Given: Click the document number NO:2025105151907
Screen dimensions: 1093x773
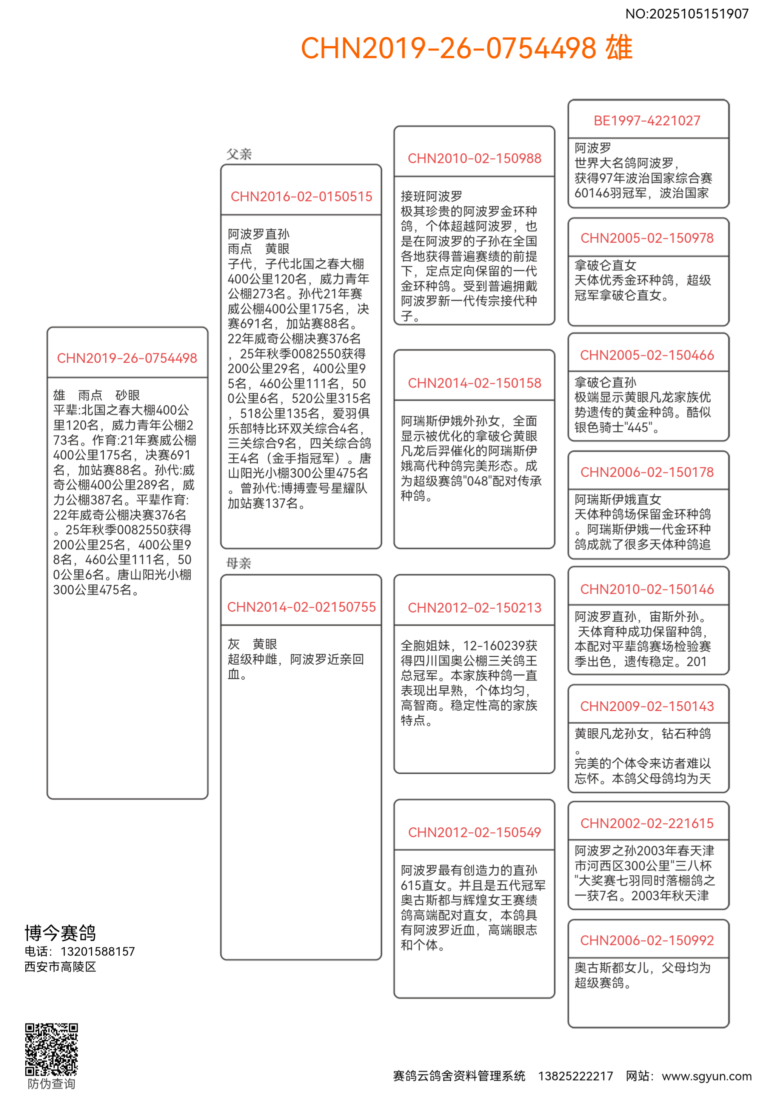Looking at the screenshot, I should pos(686,14).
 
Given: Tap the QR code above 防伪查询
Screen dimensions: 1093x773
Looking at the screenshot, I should pos(51,1049).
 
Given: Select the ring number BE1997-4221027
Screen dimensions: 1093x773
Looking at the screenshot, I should pos(647,121).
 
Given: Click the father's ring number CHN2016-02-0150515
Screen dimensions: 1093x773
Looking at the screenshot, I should pos(301,197).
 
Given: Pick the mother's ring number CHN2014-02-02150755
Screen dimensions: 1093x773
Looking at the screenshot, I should pos(301,607).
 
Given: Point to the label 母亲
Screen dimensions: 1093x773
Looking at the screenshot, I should pos(239,563).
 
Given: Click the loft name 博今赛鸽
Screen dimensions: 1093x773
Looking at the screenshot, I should pos(60,933).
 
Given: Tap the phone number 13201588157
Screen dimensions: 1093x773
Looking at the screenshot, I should pos(98,951).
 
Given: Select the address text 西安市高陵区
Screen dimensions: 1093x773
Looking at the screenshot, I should pos(60,967).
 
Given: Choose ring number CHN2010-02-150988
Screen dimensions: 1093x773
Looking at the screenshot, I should pos(474,159).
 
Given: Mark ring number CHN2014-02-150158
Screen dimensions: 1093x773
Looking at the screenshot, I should pos(474,383).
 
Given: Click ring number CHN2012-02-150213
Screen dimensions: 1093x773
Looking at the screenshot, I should pos(474,608).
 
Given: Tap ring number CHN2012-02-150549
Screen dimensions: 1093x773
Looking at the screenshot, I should pos(474,833).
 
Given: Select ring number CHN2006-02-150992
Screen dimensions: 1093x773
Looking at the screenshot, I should pos(647,941).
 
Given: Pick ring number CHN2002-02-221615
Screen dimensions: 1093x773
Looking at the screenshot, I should pos(647,824).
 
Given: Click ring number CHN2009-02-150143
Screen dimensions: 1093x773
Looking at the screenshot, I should pos(647,707).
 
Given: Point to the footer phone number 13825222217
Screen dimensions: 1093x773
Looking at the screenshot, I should pos(576,1076).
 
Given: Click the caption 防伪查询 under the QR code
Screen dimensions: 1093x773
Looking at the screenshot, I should pos(51,1084).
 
